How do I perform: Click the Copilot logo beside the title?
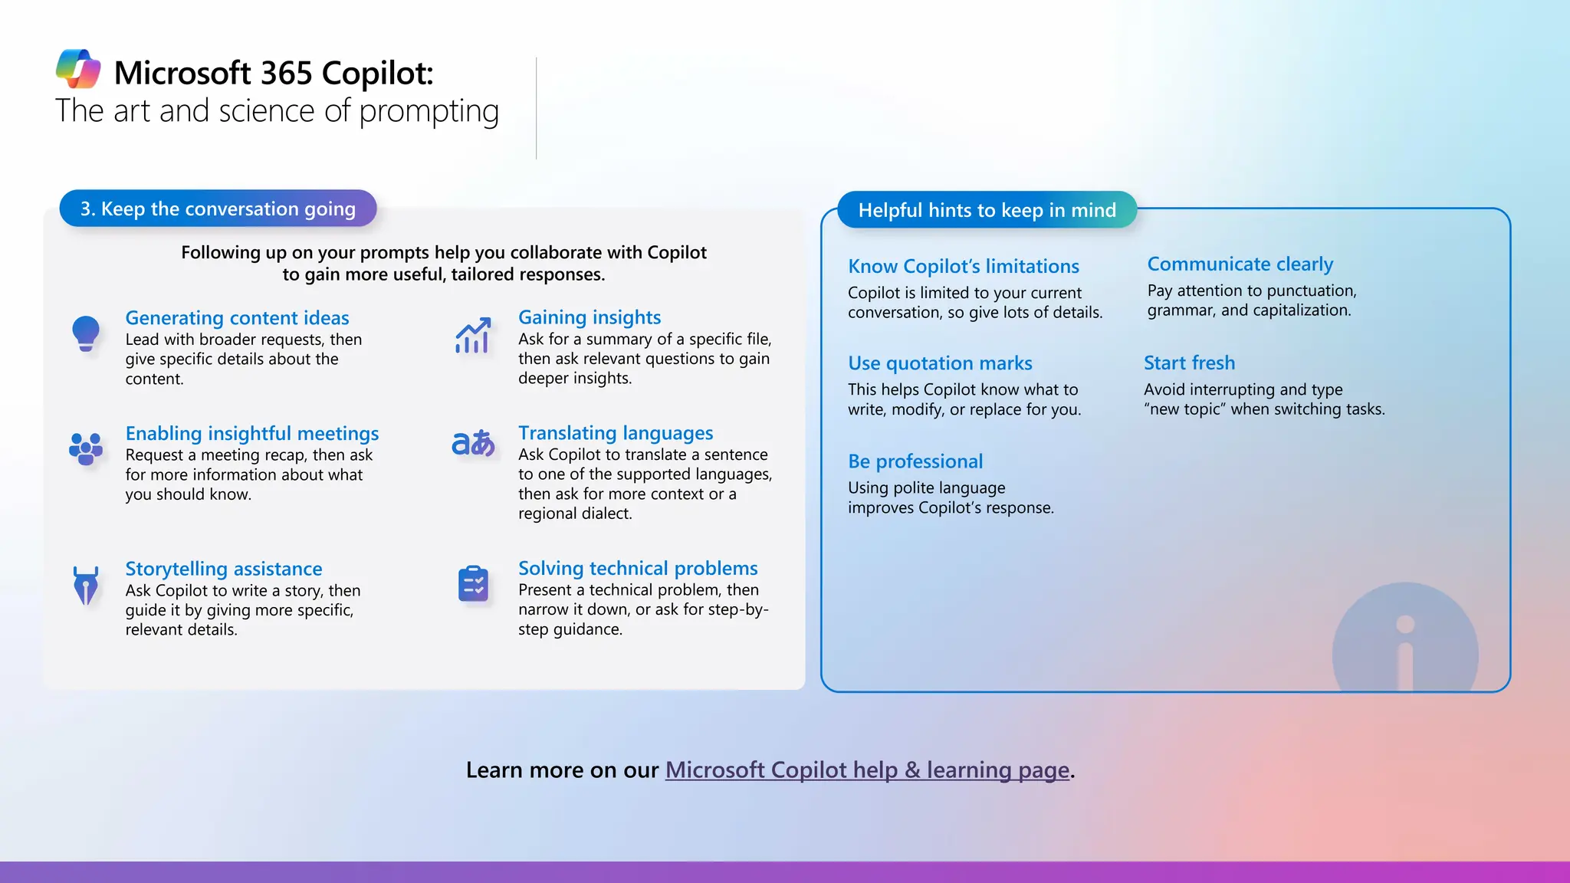tap(78, 69)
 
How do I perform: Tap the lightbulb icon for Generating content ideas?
tap(86, 333)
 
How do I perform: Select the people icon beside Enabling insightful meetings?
tap(86, 448)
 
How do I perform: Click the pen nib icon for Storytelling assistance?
tap(86, 586)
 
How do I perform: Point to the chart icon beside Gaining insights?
tap(473, 336)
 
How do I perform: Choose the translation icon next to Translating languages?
tap(473, 443)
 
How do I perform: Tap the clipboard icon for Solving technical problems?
tap(474, 585)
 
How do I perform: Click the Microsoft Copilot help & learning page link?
tap(867, 770)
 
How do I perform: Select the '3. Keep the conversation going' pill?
tap(218, 208)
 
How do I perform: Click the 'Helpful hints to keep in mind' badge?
tap(987, 210)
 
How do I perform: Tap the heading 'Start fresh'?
tap(1189, 363)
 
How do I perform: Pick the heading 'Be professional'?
tap(915, 461)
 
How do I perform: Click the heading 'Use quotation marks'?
tap(940, 363)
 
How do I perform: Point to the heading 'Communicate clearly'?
tap(1240, 264)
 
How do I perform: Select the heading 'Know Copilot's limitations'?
tap(963, 267)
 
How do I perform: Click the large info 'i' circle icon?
tap(1404, 640)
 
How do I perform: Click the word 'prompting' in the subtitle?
tap(429, 112)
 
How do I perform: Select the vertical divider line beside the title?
tap(536, 108)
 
